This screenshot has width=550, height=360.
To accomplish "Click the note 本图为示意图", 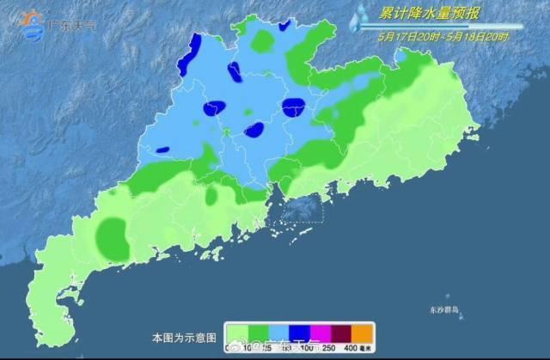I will click(179, 338).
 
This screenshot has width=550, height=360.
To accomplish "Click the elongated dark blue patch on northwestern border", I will click(187, 53).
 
